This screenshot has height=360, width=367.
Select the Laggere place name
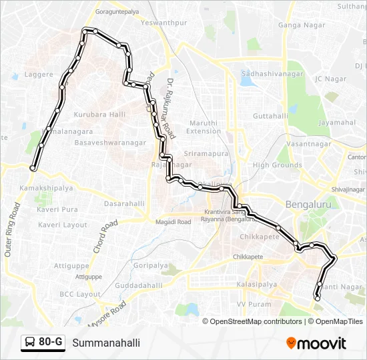click(38, 75)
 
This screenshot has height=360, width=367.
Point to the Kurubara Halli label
click(99, 115)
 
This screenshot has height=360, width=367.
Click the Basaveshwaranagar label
click(110, 143)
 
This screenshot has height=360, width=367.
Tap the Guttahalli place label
click(270, 115)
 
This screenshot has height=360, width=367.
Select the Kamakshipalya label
click(46, 189)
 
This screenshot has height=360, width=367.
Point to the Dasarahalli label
click(124, 203)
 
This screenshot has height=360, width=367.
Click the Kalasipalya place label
click(256, 285)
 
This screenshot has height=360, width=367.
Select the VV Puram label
click(250, 304)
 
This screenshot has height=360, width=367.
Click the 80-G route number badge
click(43, 343)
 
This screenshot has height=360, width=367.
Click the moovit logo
click(316, 343)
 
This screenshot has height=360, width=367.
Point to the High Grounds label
click(277, 165)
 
